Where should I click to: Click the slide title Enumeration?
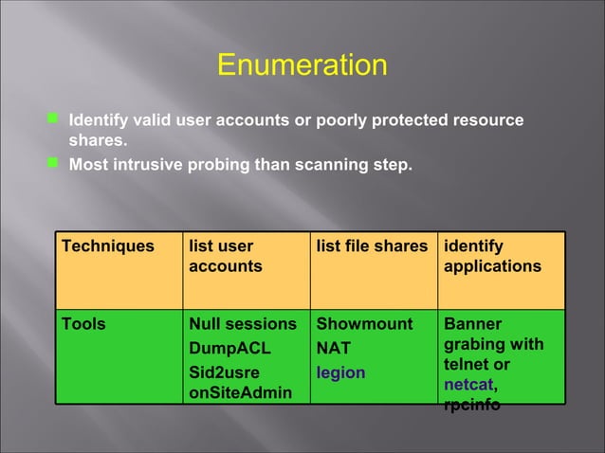click(302, 65)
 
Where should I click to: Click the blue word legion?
click(340, 372)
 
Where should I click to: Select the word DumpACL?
click(229, 349)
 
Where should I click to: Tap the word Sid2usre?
click(225, 372)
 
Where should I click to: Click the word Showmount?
click(364, 324)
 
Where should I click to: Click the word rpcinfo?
click(472, 407)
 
